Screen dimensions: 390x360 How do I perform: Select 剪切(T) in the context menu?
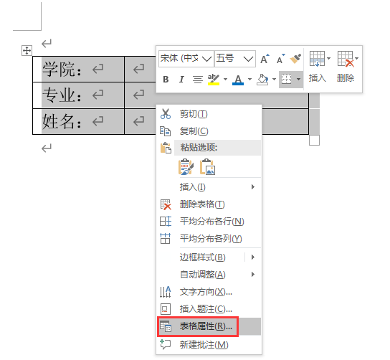(x=194, y=114)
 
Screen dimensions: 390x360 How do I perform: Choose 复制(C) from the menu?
(x=194, y=131)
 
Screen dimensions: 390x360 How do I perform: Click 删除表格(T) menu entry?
(x=202, y=204)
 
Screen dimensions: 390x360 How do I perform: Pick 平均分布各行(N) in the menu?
(x=212, y=222)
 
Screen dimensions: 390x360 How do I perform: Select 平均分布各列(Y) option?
(x=211, y=239)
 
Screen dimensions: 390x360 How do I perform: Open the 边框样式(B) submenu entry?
(x=202, y=257)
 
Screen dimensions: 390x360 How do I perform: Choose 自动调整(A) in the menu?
(x=202, y=275)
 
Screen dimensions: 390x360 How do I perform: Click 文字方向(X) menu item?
(x=206, y=292)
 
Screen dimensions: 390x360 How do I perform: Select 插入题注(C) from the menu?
(x=206, y=309)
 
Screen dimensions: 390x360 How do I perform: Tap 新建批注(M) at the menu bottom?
(x=204, y=345)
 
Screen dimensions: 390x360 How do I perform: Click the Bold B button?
(x=166, y=80)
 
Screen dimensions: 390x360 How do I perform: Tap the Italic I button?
(x=181, y=80)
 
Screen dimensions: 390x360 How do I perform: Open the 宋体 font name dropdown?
(x=186, y=59)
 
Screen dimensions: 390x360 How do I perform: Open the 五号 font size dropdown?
(x=235, y=59)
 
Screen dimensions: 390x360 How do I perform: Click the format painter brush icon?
(x=295, y=59)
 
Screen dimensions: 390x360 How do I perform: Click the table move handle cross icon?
(x=27, y=50)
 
